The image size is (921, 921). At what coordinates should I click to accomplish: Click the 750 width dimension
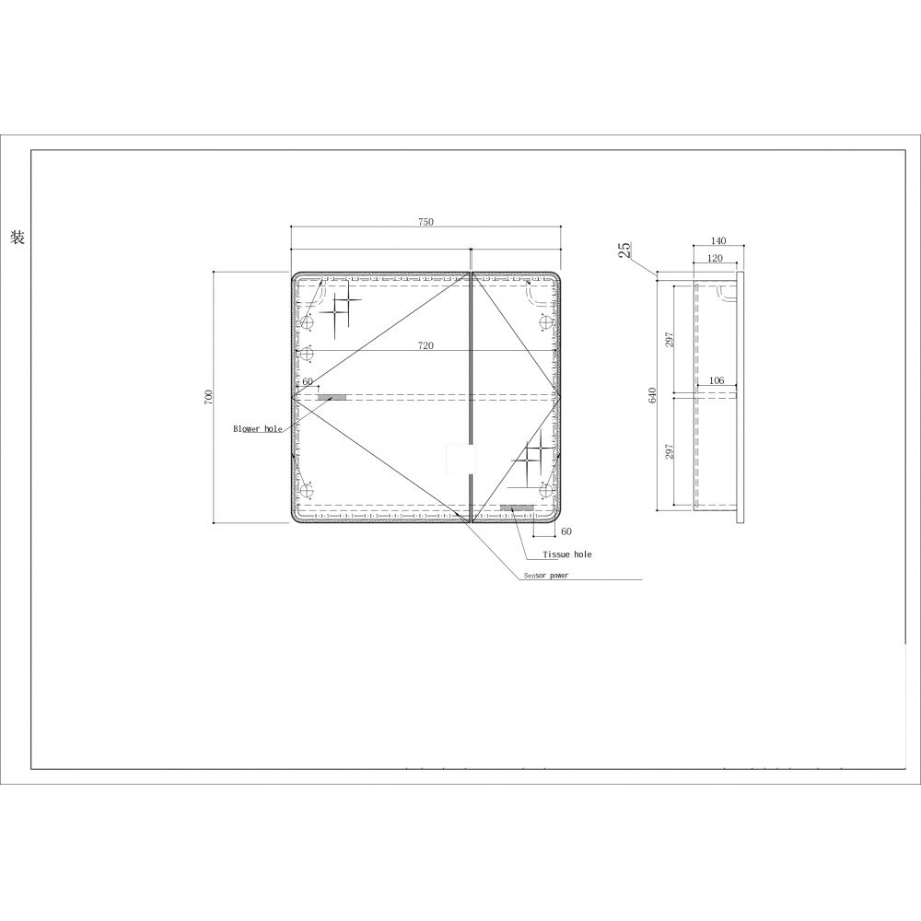pyautogui.click(x=426, y=222)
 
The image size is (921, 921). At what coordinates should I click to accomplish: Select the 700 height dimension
pyautogui.click(x=209, y=397)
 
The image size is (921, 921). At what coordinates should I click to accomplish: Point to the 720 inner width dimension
pyautogui.click(x=426, y=345)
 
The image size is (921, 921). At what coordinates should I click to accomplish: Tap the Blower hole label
pyautogui.click(x=257, y=429)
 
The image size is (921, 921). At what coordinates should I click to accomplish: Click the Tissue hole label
pyautogui.click(x=567, y=554)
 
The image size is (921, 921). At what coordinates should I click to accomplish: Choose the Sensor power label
pyautogui.click(x=546, y=575)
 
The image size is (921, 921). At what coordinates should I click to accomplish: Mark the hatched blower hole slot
pyautogui.click(x=332, y=397)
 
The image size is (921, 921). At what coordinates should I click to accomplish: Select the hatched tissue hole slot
pyautogui.click(x=517, y=507)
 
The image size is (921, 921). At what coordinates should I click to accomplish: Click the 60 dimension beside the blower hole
pyautogui.click(x=308, y=381)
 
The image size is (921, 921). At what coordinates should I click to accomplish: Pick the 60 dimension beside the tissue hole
pyautogui.click(x=565, y=531)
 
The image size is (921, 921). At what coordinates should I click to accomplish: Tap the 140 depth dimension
pyautogui.click(x=718, y=241)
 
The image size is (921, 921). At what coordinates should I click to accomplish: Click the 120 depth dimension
pyautogui.click(x=715, y=259)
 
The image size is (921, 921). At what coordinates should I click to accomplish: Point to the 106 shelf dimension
pyautogui.click(x=717, y=381)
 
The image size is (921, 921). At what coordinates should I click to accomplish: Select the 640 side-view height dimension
pyautogui.click(x=652, y=397)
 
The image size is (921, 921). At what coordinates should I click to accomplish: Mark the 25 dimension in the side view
pyautogui.click(x=625, y=249)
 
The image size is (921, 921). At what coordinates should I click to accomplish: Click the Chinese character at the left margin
pyautogui.click(x=17, y=238)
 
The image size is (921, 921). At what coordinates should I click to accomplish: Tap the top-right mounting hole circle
pyautogui.click(x=542, y=322)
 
